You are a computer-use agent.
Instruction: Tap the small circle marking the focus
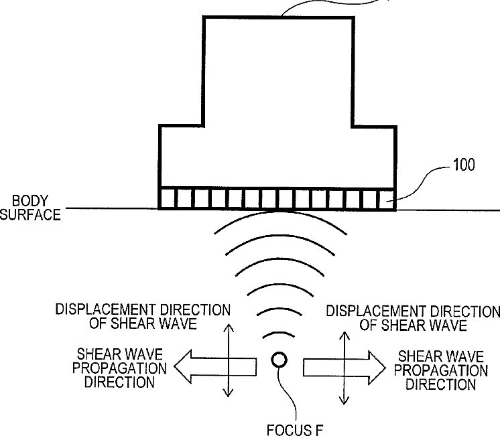pos(279,360)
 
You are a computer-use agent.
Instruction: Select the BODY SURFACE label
pos(31,208)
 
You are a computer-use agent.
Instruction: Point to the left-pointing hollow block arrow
pos(214,366)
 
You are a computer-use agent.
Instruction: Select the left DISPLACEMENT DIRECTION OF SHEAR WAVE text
pos(143,317)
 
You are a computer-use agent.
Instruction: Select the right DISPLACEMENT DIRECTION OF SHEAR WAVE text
pos(412,318)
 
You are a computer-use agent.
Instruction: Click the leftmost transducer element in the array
pos(167,198)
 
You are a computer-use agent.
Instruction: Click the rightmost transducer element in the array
pos(386,198)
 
